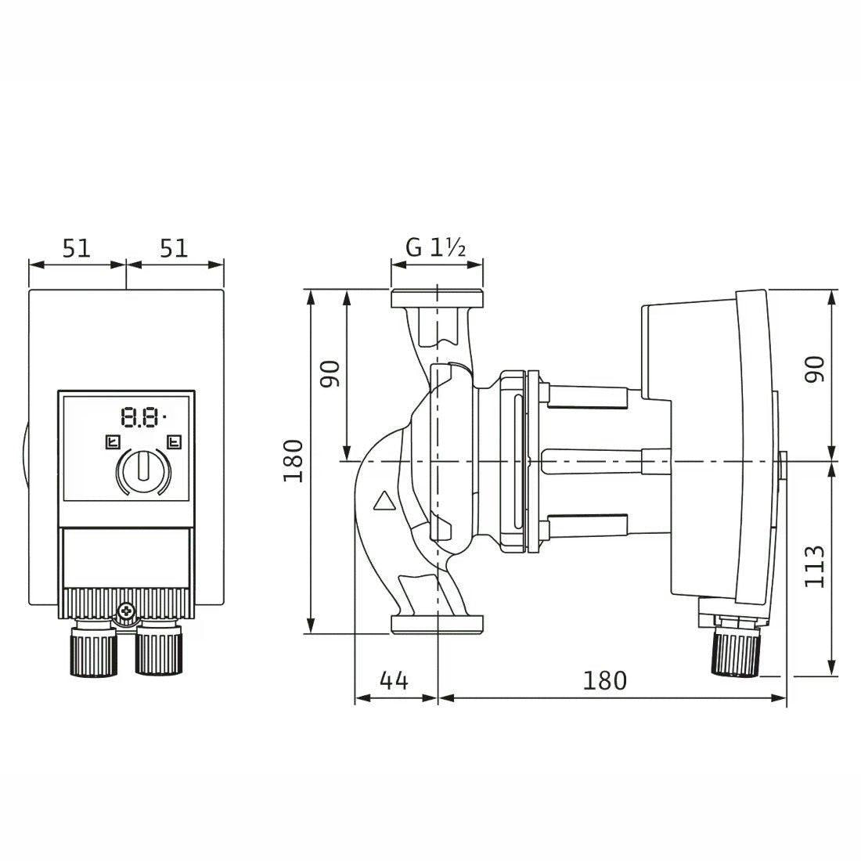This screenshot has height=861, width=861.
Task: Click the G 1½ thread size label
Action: pyautogui.click(x=435, y=247)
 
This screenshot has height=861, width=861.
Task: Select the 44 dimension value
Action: pyautogui.click(x=394, y=681)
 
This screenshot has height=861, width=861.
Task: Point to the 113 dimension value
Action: pyautogui.click(x=814, y=566)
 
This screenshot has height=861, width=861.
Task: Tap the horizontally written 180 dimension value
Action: pyautogui.click(x=604, y=681)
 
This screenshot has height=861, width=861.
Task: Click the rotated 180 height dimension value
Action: pyautogui.click(x=294, y=461)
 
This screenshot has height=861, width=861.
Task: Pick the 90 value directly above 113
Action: pyautogui.click(x=814, y=369)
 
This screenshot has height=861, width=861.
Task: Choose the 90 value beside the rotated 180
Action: pyautogui.click(x=330, y=374)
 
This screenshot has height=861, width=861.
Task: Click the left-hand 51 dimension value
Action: pyautogui.click(x=76, y=248)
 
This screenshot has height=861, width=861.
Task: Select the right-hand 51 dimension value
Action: pyautogui.click(x=174, y=248)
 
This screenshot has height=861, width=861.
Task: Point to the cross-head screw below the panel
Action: pyautogui.click(x=127, y=610)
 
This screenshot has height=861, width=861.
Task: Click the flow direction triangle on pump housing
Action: pyautogui.click(x=384, y=501)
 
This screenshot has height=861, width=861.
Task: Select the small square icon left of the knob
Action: pyautogui.click(x=113, y=441)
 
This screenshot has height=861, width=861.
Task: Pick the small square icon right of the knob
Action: pyautogui.click(x=174, y=441)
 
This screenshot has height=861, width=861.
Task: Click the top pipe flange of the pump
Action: pyautogui.click(x=437, y=298)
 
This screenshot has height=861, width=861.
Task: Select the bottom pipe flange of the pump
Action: pyautogui.click(x=437, y=625)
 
